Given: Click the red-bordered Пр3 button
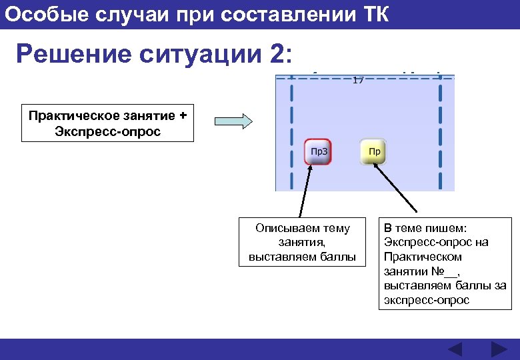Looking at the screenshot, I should [318, 151].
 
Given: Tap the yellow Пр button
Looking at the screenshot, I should [374, 151].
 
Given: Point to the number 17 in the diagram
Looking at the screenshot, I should [358, 80].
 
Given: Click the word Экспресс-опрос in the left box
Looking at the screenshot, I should [108, 131].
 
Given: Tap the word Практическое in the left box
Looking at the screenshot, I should [71, 115].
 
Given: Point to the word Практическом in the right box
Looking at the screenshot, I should [423, 257].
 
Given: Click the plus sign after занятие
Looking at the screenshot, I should [183, 115].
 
